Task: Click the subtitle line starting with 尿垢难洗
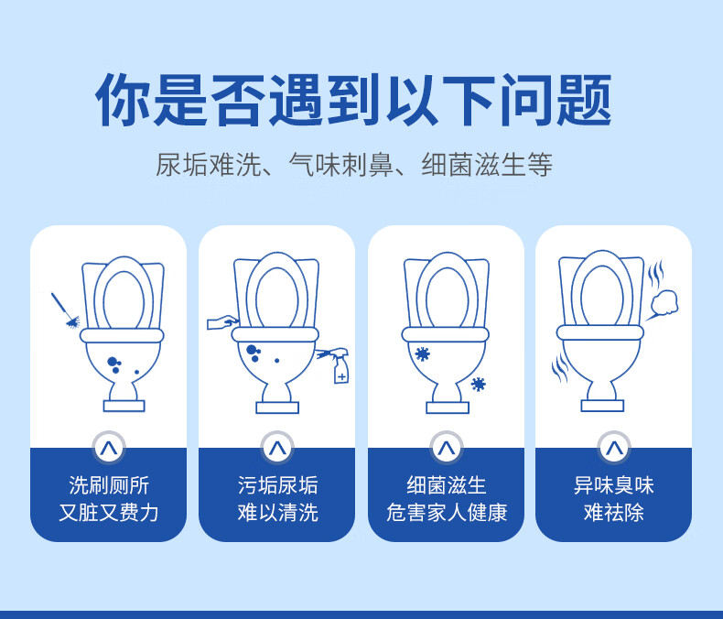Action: pos(353,165)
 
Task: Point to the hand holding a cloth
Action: pos(222,321)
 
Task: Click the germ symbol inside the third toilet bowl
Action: pos(422,353)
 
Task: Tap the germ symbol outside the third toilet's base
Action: pos(478,384)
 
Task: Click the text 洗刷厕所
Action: pos(108,485)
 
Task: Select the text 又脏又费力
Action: pos(108,513)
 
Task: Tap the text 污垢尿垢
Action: pos(277,485)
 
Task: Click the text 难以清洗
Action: pos(277,513)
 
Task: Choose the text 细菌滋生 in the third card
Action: pos(446,485)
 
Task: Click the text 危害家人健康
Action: pos(446,513)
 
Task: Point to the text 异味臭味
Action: pos(613,485)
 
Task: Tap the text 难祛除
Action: pos(613,513)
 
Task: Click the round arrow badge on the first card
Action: pos(108,448)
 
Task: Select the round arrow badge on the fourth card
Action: pos(613,448)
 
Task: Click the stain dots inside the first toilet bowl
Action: pos(116,365)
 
